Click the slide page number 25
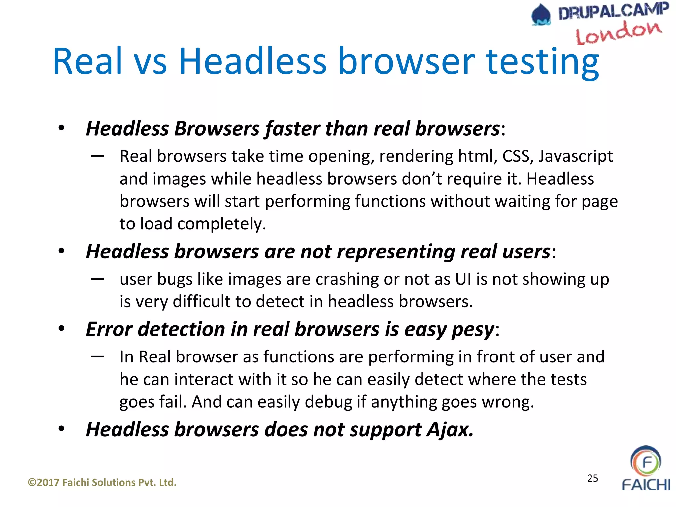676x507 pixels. coord(592,478)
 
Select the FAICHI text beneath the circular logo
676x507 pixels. coord(646,485)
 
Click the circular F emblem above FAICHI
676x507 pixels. coord(646,461)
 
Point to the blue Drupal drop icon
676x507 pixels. coord(541,15)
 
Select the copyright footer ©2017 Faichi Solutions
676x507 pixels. coord(102,482)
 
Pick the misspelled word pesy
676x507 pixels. coord(473,330)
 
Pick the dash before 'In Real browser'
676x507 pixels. coord(98,356)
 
